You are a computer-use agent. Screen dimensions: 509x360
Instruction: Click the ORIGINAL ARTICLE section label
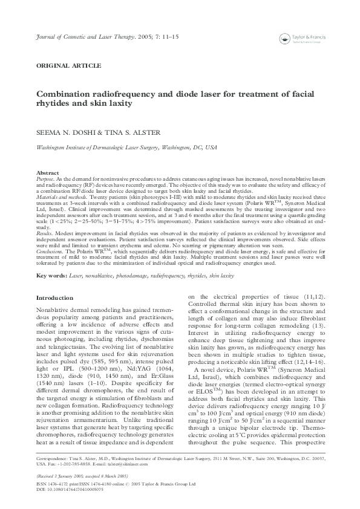point(69,65)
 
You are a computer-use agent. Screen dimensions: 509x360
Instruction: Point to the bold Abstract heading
point(48,173)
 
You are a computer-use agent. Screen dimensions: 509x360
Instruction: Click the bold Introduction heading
point(54,298)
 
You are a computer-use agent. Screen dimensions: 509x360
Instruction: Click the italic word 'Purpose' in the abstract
point(46,179)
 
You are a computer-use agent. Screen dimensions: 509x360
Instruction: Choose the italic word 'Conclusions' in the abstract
point(50,252)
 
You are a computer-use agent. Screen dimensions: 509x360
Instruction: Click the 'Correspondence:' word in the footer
point(53,459)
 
